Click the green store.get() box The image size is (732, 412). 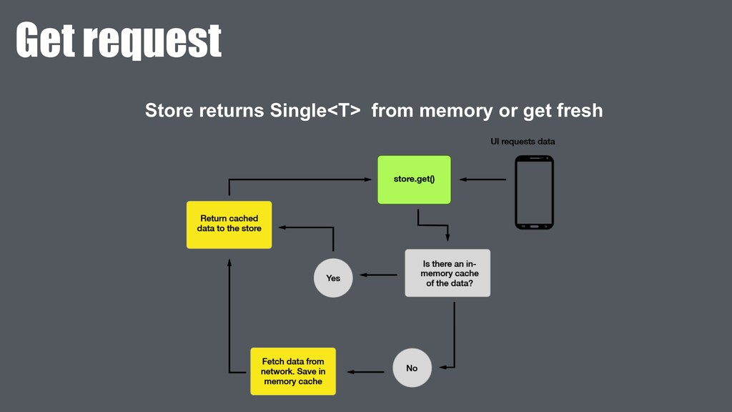pos(414,180)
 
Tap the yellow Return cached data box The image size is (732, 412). pos(229,224)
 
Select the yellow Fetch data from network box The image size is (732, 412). pos(292,371)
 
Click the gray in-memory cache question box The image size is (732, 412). pos(447,273)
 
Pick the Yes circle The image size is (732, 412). pos(333,278)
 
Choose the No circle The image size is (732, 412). pos(412,368)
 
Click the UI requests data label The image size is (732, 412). pos(522,142)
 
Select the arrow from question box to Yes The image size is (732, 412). pos(378,275)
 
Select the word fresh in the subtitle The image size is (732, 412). pos(578,111)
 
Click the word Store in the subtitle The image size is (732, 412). pos(169,111)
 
